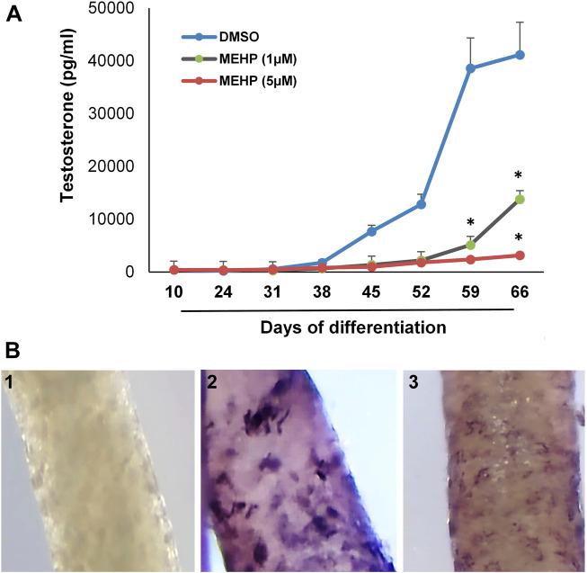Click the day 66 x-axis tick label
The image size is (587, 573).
tap(519, 293)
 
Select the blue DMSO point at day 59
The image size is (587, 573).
tap(469, 68)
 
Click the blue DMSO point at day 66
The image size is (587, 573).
tap(520, 55)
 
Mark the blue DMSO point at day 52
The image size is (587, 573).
tap(420, 204)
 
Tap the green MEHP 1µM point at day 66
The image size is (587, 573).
tap(520, 199)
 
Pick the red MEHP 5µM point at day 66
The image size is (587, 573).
tap(520, 255)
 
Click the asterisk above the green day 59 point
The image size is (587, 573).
tap(469, 223)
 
